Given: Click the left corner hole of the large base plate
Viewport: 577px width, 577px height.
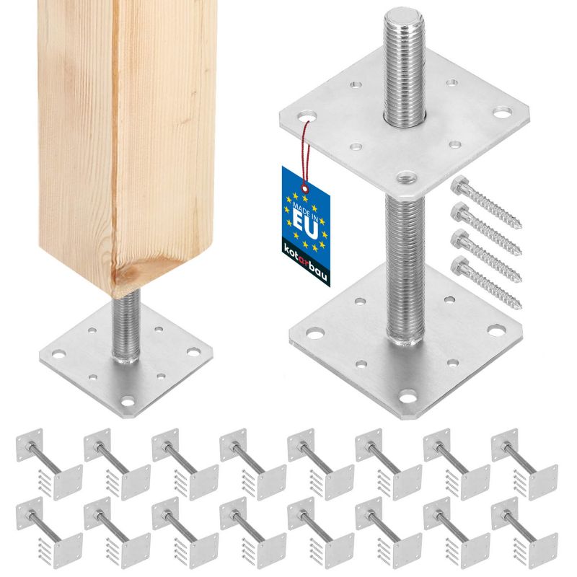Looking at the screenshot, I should click(x=314, y=332).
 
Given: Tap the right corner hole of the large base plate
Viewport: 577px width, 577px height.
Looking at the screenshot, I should click(x=496, y=330).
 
